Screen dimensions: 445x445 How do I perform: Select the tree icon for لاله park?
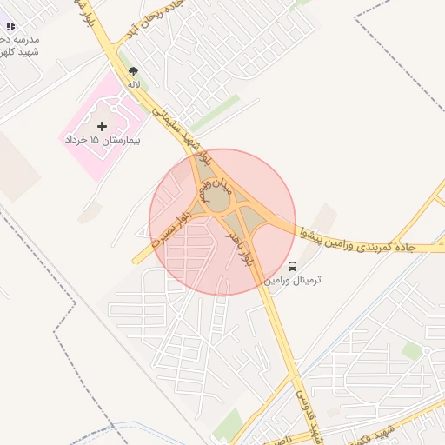133,72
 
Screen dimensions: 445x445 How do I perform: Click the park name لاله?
133,84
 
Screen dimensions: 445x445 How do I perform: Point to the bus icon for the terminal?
292,266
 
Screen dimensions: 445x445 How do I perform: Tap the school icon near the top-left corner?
10,27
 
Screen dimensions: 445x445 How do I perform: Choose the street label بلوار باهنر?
238,248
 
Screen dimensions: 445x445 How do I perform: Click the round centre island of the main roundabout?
218,200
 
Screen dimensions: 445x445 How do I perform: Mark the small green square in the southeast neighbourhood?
412,351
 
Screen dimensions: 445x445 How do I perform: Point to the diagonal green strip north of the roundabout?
215,113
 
